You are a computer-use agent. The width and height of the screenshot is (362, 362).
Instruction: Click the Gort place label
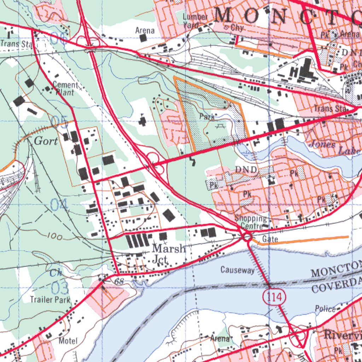46,141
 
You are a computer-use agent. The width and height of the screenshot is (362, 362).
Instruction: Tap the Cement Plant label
65,89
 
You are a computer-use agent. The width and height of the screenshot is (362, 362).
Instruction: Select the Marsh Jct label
168,254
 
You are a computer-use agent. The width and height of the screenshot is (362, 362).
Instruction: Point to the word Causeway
237,270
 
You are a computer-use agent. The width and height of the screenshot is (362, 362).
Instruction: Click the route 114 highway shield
274,297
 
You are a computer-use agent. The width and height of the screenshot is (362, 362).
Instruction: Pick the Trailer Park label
50,300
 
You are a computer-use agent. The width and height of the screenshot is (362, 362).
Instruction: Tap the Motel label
68,341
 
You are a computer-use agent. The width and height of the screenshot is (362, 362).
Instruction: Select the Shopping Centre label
251,222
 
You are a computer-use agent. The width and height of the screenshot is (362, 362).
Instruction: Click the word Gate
270,240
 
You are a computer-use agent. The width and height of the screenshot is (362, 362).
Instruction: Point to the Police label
325,309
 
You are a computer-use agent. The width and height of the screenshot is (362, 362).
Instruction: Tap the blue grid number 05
59,121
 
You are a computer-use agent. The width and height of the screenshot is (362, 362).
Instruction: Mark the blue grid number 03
59,288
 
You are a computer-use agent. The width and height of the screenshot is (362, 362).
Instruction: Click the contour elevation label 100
54,237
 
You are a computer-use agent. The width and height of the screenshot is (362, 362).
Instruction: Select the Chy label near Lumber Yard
238,28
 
